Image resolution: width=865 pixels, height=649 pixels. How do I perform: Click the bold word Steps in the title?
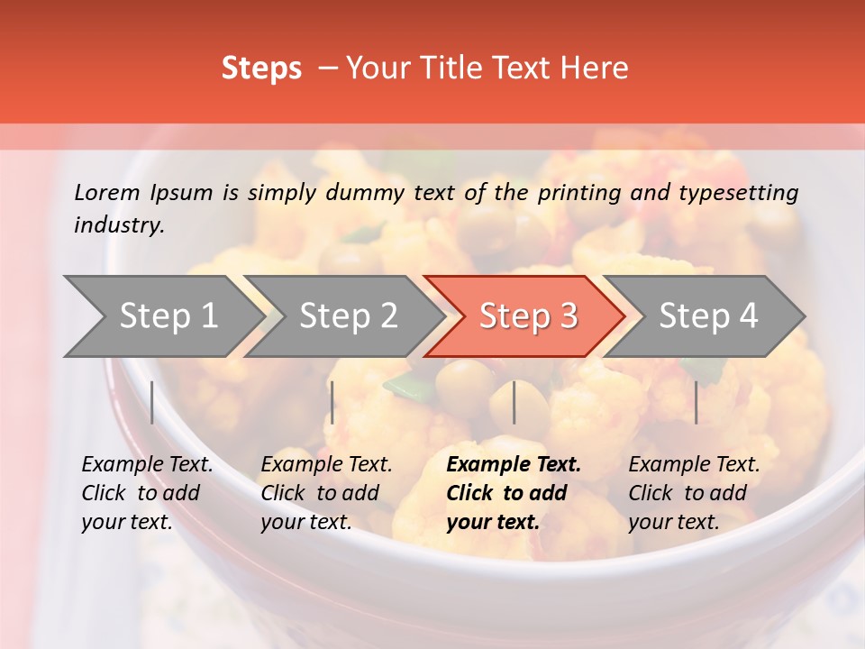click(x=261, y=69)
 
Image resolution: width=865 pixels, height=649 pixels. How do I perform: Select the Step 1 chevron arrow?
click(x=162, y=316)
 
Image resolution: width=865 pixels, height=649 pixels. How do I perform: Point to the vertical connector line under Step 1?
click(x=152, y=402)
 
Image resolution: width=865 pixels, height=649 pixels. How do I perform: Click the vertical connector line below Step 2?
click(x=332, y=402)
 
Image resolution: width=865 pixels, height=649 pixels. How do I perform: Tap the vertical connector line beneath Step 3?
click(x=514, y=402)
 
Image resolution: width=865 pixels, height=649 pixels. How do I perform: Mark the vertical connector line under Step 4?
click(x=696, y=402)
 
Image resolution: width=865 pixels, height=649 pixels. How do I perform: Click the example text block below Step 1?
click(x=147, y=493)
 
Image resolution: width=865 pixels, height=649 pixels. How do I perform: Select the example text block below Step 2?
click(x=326, y=493)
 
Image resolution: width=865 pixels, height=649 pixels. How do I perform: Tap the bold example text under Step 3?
click(x=514, y=493)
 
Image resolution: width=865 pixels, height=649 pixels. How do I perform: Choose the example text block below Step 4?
click(x=694, y=493)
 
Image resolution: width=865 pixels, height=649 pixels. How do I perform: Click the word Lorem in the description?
click(x=107, y=192)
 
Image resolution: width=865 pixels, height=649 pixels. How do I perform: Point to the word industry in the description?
click(x=119, y=225)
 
